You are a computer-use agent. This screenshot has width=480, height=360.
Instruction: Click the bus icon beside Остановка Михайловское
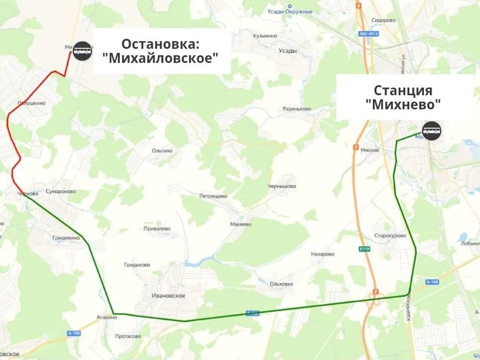coord(82,50)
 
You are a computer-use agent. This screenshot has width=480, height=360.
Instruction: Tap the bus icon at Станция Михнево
coord(432,131)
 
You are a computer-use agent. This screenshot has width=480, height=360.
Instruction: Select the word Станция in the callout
coord(403,90)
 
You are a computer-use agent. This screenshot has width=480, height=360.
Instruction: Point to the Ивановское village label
coord(168,295)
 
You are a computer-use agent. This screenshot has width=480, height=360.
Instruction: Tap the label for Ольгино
coord(162,150)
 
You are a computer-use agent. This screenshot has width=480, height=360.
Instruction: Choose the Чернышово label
coord(281,186)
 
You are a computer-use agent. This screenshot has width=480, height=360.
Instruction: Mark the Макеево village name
coord(240,224)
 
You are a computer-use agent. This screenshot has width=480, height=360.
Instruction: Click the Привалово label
coord(156,228)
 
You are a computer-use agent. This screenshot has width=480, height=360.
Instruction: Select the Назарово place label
coord(322,254)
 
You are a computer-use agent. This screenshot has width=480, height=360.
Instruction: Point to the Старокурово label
coord(390,235)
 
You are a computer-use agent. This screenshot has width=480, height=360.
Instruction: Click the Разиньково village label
coord(297,108)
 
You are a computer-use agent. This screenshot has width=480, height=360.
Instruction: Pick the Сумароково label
coord(60,191)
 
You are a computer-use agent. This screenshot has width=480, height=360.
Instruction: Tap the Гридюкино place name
coord(66,238)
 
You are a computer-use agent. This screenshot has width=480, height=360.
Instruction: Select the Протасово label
coord(128,336)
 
